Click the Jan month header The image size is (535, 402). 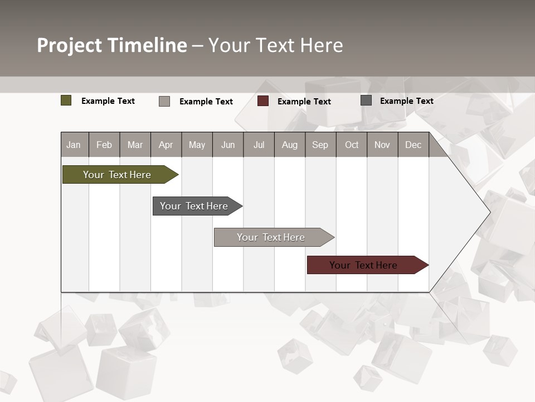click(74, 145)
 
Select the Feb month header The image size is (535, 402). click(104, 145)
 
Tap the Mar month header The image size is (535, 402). click(135, 145)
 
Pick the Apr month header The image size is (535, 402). click(166, 145)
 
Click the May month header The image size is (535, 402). click(197, 145)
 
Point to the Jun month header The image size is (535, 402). click(228, 145)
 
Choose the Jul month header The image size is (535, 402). click(259, 145)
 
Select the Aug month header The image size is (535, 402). click(290, 145)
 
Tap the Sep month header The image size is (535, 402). click(320, 145)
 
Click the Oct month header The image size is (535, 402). click(352, 145)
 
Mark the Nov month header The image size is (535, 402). click(382, 145)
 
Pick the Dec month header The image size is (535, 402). click(414, 145)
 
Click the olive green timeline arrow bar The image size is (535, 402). click(118, 175)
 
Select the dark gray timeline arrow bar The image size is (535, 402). click(194, 206)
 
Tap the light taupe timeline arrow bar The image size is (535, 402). click(271, 237)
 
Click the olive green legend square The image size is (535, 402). click(66, 100)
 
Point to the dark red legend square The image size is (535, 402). click(263, 101)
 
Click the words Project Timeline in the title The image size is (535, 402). click(112, 45)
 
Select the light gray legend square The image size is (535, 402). click(164, 101)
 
